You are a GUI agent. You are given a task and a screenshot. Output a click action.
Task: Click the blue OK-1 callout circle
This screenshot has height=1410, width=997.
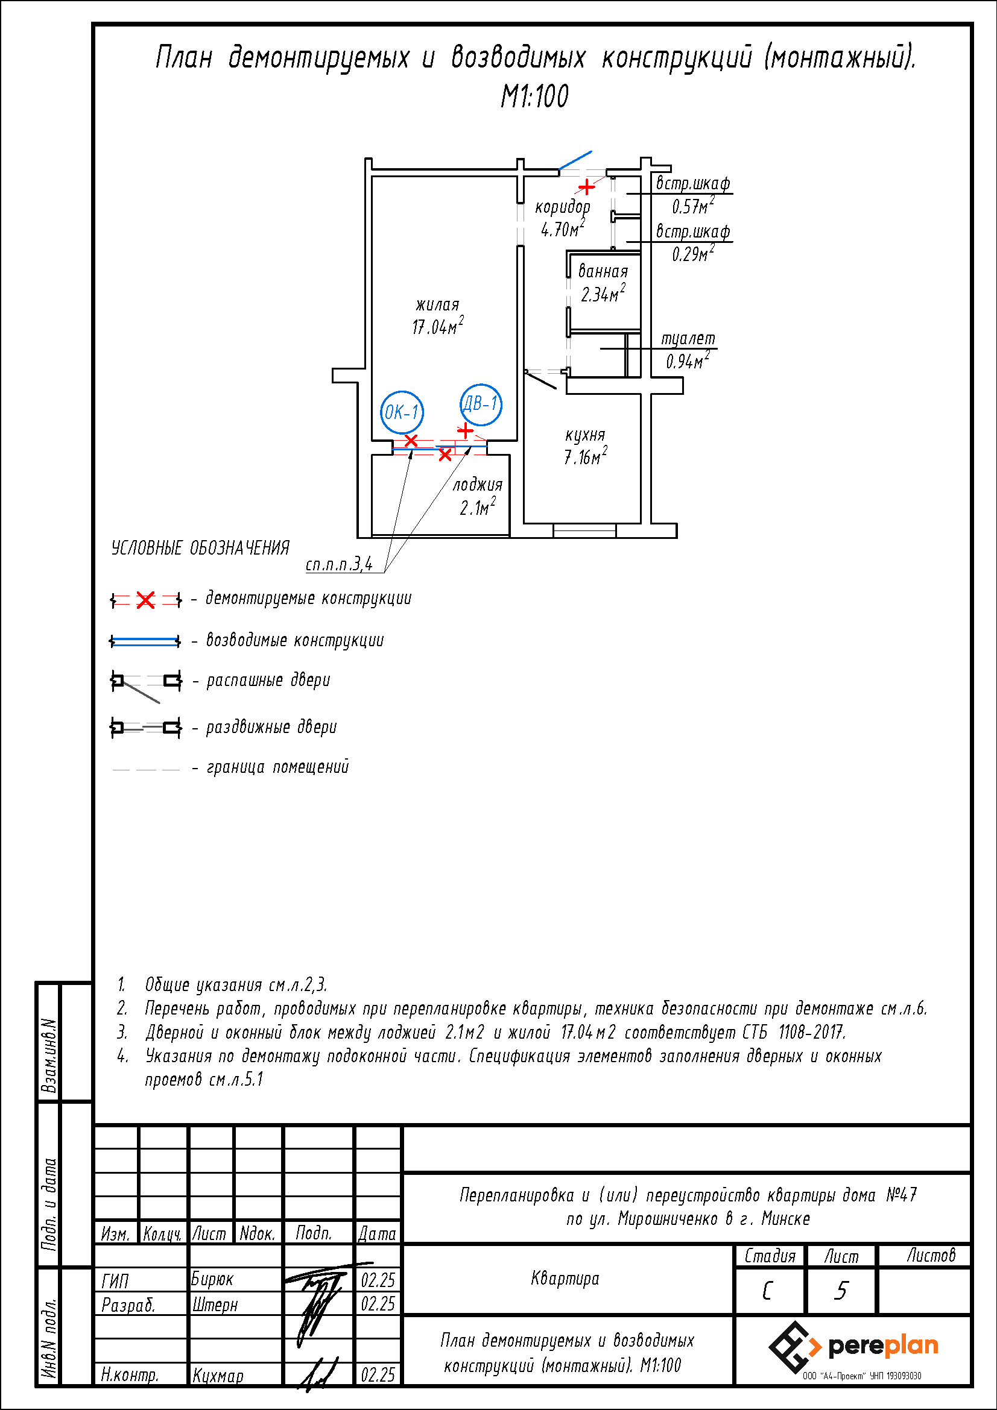point(381,412)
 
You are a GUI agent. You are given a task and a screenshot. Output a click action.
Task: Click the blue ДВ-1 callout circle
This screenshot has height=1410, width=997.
point(461,404)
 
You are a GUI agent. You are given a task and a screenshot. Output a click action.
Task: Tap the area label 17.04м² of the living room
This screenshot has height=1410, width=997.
point(437,326)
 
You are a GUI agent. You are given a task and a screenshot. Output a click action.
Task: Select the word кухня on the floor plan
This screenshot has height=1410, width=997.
point(585,435)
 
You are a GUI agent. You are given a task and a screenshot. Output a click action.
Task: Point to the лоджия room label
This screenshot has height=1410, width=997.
point(477,485)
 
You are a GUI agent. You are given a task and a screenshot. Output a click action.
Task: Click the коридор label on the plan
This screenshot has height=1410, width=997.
point(562,207)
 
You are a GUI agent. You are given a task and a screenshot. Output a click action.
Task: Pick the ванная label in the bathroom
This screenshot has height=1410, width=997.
point(603,271)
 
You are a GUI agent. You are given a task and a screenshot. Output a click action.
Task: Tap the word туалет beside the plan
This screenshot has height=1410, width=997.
point(688,339)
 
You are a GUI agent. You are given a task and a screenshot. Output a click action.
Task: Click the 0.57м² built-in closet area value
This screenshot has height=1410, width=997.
point(693,205)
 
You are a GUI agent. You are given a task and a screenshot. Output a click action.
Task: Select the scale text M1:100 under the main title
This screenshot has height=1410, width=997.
point(534,96)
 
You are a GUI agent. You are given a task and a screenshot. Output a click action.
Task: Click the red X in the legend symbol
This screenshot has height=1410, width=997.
point(145,600)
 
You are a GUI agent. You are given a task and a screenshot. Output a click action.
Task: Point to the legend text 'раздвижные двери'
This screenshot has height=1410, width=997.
point(271,727)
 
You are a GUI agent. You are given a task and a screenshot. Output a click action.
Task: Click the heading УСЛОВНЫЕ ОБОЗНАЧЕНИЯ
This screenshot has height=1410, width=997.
point(200,548)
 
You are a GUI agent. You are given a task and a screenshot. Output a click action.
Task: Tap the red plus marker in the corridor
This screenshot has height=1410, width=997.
point(587,186)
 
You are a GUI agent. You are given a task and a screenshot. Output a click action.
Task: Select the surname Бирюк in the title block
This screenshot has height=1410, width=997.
point(212,1279)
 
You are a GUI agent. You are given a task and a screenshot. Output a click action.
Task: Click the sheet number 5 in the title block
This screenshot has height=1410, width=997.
point(840,1291)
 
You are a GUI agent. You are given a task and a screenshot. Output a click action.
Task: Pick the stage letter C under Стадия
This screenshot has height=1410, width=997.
point(767,1291)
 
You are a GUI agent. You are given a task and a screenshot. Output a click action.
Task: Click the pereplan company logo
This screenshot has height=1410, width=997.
point(853,1347)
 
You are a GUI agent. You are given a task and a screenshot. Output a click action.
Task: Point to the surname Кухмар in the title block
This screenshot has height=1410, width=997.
point(218,1376)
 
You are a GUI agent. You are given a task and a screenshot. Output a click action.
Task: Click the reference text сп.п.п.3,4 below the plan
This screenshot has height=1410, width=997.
point(339,564)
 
